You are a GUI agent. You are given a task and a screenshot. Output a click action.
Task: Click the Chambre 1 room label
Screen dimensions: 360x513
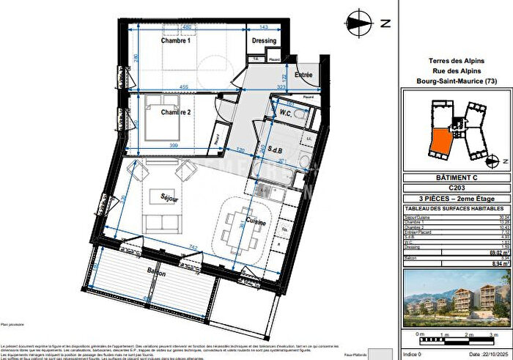[176, 41]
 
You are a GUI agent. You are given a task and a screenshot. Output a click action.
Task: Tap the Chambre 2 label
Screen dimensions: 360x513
[176, 112]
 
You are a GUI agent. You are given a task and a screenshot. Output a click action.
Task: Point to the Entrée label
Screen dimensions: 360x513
[303, 74]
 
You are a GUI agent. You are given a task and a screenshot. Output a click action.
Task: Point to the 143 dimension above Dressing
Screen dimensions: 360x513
[265, 27]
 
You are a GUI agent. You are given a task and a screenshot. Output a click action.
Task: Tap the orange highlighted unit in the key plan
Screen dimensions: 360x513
[441, 141]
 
